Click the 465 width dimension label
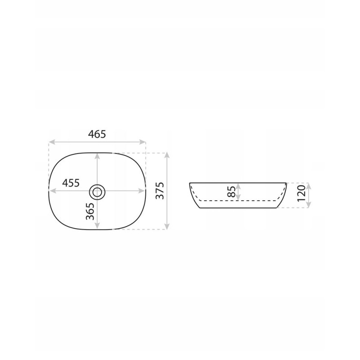point(97,134)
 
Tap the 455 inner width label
point(71,183)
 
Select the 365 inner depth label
point(90,211)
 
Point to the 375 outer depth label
point(160,191)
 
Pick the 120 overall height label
point(301,193)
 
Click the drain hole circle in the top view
point(97,191)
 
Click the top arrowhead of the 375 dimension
point(167,155)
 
